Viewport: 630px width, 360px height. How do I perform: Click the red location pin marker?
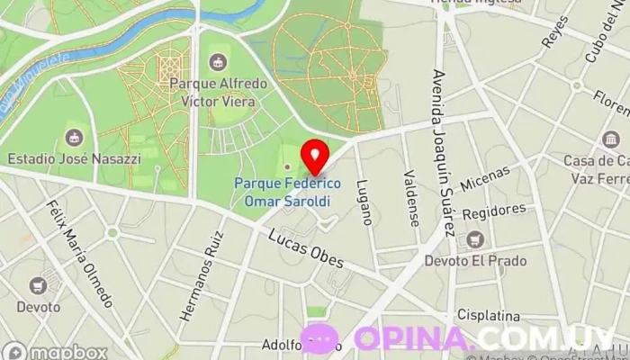click(x=314, y=156)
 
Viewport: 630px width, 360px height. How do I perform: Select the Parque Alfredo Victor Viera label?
click(x=218, y=93)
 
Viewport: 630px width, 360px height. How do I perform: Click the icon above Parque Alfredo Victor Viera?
click(x=216, y=62)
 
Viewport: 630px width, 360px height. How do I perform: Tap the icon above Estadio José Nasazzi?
click(x=74, y=137)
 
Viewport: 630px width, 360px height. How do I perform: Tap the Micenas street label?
click(x=484, y=178)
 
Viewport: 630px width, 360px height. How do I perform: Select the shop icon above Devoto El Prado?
click(x=474, y=240)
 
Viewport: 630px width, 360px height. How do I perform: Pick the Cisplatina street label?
click(x=489, y=316)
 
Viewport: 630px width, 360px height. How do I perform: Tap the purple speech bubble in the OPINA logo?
click(x=319, y=339)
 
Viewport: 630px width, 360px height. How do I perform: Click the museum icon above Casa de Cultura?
click(x=611, y=140)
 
